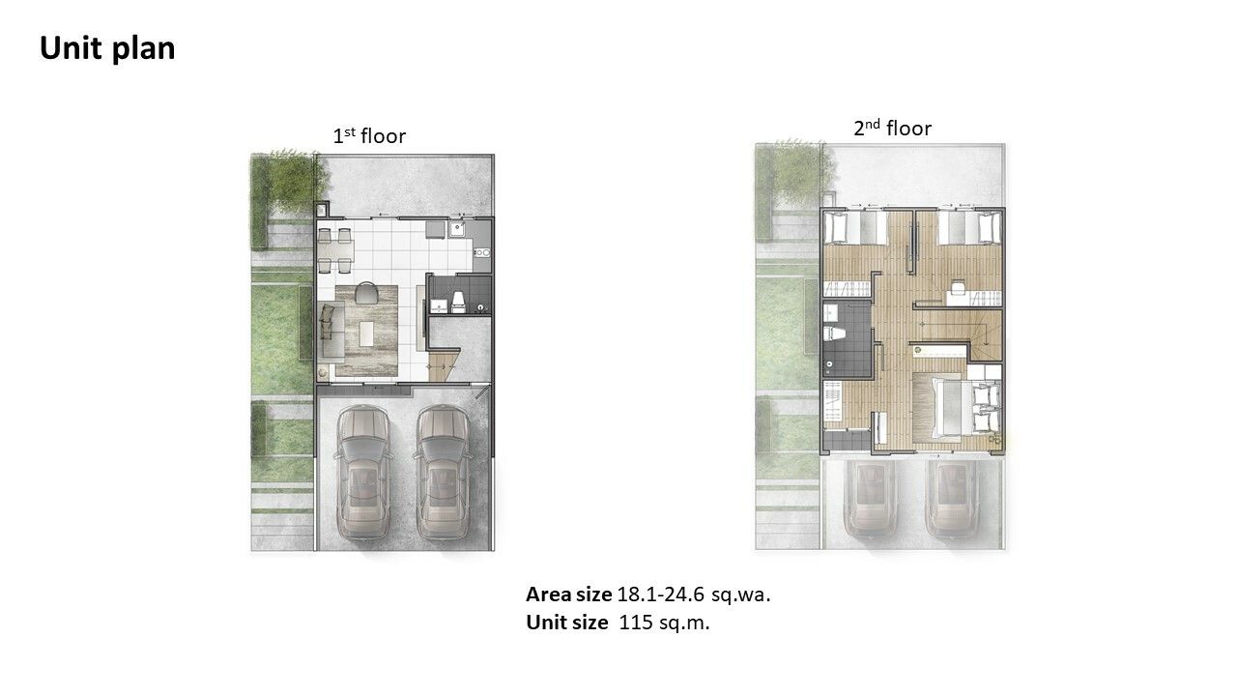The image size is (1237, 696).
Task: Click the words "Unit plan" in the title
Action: point(107,49)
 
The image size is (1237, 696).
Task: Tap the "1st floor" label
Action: point(369,136)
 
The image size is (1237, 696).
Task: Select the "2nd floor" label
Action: point(892,129)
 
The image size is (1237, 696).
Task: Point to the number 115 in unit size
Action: point(636,623)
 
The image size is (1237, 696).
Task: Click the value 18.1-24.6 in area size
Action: point(660,594)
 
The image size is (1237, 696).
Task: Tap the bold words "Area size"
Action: point(569,594)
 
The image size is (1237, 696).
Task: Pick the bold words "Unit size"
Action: point(567,623)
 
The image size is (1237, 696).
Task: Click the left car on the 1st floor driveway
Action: point(362,473)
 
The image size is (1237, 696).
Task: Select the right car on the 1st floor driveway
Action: point(443,473)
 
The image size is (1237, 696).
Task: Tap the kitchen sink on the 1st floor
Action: point(457,229)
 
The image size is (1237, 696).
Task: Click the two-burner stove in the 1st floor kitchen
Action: point(482,253)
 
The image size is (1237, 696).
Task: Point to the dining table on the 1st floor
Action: point(334,250)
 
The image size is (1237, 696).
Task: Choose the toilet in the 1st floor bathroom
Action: point(458,302)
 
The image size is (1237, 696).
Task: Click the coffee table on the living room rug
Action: point(366,333)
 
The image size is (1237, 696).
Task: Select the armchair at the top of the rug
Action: point(365,293)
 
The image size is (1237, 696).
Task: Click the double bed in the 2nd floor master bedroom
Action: point(957,408)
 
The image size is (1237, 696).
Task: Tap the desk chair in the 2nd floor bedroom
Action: point(958,287)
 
